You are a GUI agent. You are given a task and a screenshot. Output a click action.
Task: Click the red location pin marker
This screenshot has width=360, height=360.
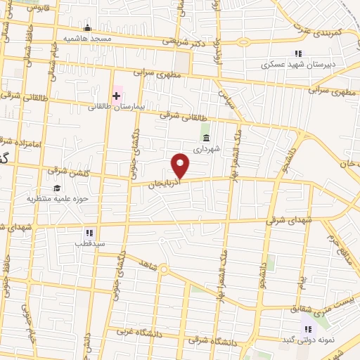181,165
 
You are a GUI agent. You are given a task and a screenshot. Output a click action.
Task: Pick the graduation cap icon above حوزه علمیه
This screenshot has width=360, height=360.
56,188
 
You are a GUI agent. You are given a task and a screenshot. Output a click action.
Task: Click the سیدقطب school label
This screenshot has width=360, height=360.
90,243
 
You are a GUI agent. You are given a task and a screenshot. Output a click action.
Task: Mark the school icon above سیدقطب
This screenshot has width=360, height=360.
89,232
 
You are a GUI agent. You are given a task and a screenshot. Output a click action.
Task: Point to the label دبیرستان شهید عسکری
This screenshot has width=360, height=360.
295,64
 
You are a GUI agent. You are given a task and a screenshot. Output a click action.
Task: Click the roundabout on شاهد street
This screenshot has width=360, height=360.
163,269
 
